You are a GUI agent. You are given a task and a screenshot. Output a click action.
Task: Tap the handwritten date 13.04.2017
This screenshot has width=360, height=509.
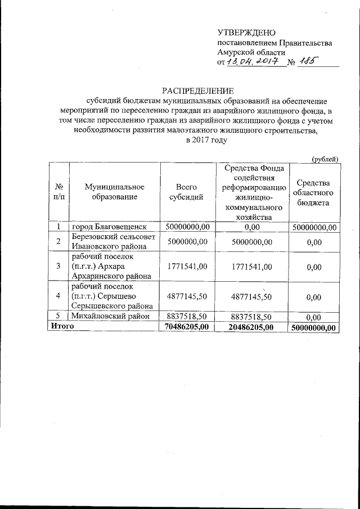click(x=254, y=62)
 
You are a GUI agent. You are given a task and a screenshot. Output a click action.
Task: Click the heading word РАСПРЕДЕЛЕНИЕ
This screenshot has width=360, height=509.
click(x=198, y=91)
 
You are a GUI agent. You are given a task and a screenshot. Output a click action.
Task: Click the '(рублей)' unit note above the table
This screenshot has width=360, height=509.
click(x=325, y=159)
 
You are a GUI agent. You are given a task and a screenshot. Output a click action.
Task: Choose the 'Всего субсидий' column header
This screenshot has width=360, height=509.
click(x=186, y=192)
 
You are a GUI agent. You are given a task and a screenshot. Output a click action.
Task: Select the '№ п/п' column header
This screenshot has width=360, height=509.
click(x=58, y=192)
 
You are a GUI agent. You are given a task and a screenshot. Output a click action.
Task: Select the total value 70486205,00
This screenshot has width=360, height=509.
click(x=186, y=326)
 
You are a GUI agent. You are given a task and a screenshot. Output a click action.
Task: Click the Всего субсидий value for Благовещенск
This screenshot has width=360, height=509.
click(x=186, y=227)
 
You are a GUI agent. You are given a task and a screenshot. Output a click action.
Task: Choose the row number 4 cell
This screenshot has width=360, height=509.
click(x=58, y=296)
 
